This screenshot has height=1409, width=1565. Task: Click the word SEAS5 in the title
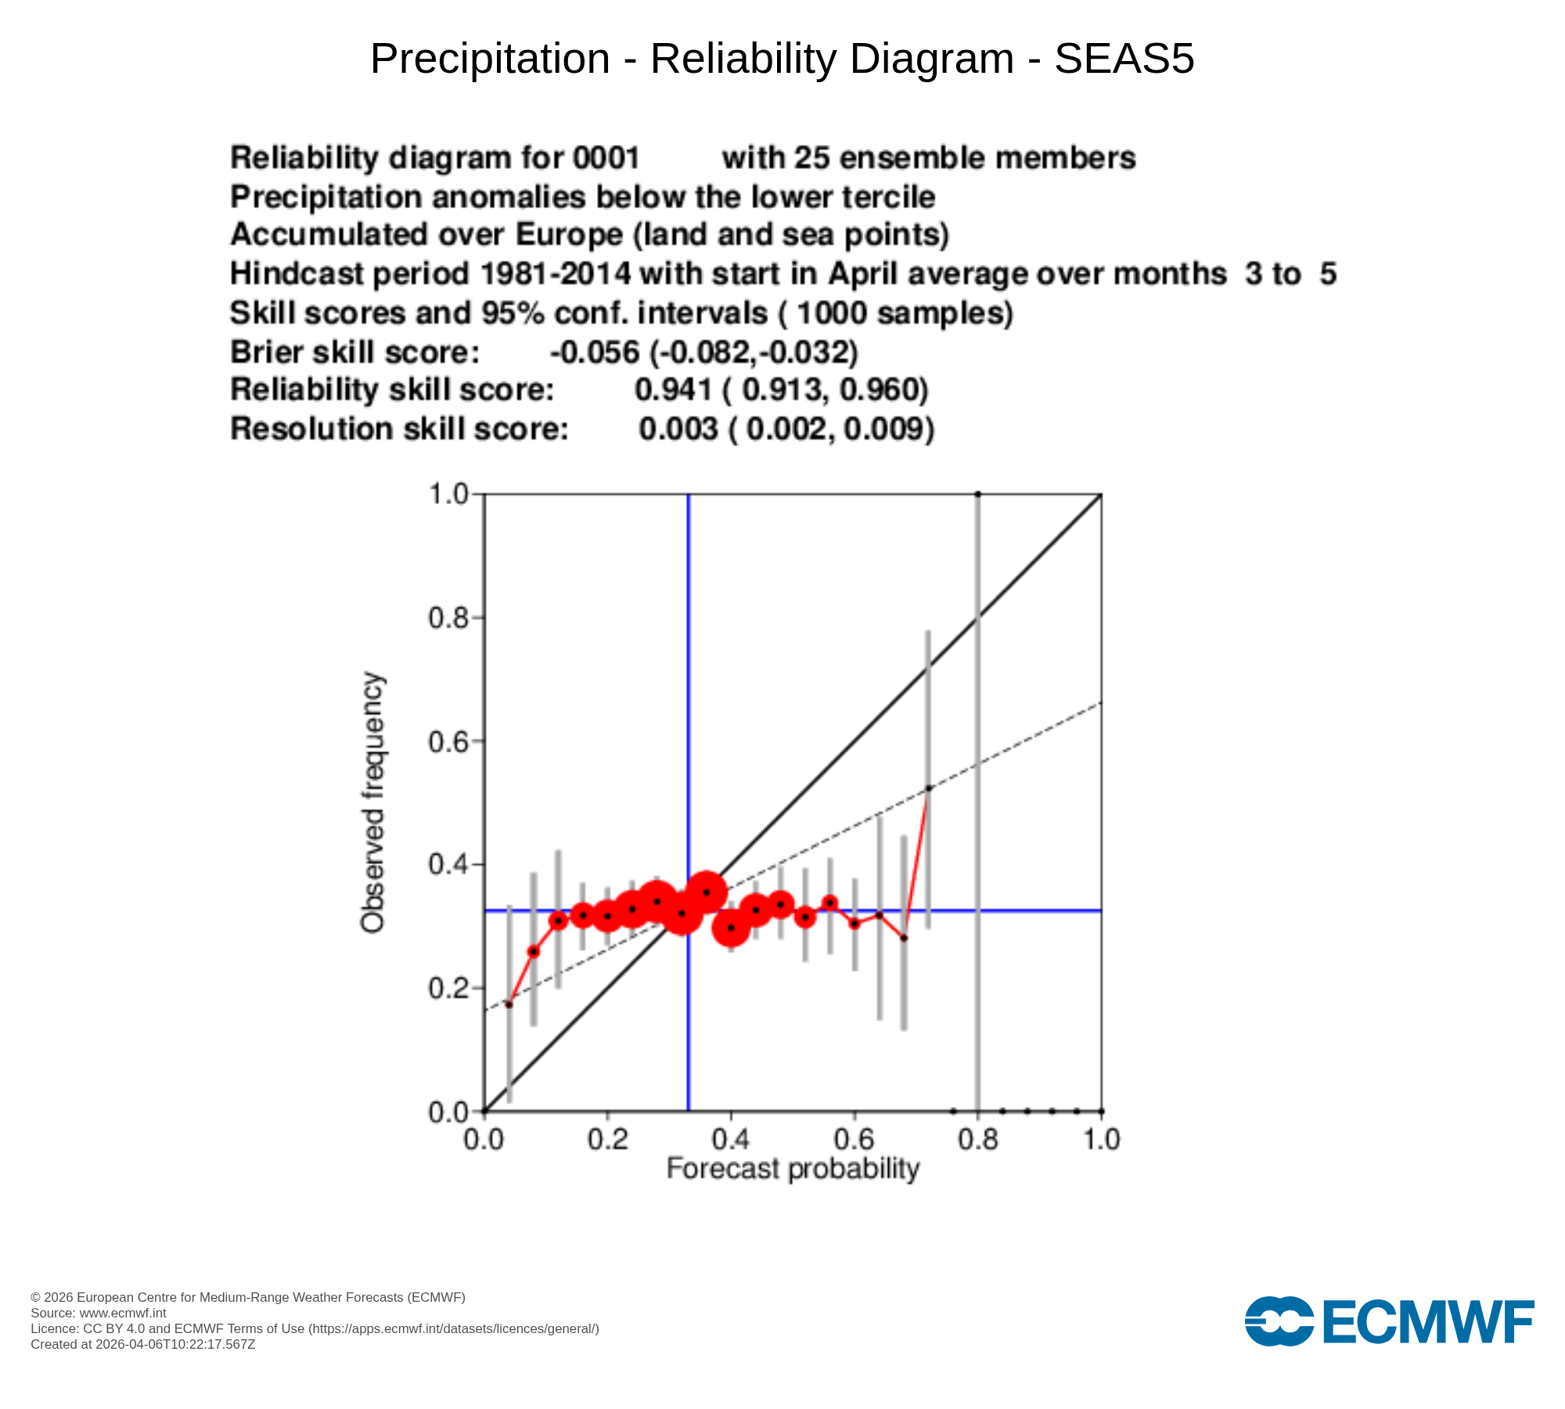pos(1124,59)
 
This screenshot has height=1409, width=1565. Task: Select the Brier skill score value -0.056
pos(595,353)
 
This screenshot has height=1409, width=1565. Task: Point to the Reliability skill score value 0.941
pos(673,391)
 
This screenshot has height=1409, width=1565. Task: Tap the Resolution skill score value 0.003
pos(678,430)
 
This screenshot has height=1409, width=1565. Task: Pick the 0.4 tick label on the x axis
pos(731,1140)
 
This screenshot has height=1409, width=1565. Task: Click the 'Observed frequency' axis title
pos(373,802)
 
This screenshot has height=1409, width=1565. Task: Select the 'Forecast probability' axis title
pos(793,1169)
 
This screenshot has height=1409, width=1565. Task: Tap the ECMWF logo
pos(1389,1322)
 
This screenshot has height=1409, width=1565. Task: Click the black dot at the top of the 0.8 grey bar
pos(978,494)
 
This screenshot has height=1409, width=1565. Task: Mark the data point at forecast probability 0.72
pos(929,788)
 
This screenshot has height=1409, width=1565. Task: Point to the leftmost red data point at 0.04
pos(509,1004)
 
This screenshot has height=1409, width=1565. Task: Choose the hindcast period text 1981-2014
pos(555,275)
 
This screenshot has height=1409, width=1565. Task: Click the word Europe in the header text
pos(569,236)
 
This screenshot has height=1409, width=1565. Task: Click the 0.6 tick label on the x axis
pos(854,1140)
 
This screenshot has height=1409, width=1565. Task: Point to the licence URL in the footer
pos(454,1328)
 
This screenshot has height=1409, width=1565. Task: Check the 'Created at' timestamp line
pos(143,1344)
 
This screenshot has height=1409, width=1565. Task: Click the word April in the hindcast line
pos(863,275)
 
